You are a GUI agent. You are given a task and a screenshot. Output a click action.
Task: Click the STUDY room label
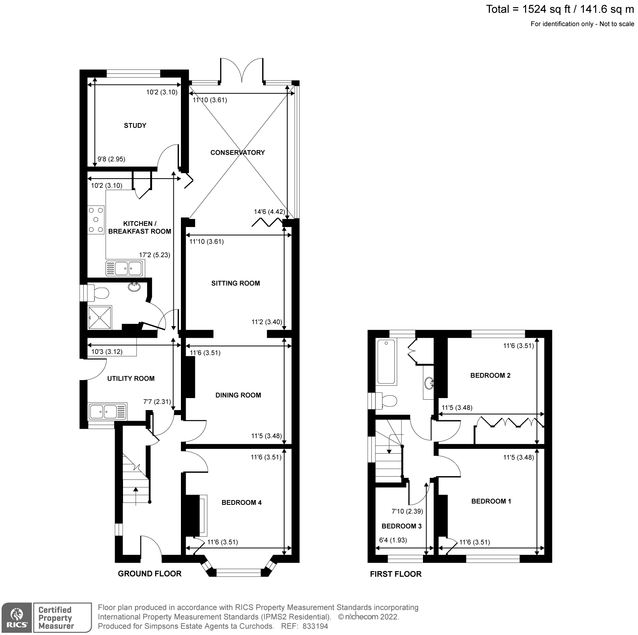[x=135, y=125]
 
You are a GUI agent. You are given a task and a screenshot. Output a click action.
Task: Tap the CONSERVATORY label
[x=237, y=152]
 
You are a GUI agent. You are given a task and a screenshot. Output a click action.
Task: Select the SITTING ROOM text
[x=235, y=283]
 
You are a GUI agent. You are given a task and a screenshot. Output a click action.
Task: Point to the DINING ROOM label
[x=238, y=395]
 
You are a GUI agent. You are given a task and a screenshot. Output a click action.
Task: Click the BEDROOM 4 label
[x=241, y=502]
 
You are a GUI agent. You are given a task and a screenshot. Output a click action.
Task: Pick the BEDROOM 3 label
[x=402, y=526]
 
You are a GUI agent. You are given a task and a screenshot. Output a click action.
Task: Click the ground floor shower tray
[x=100, y=317]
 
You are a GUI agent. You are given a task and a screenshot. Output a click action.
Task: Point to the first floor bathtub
[x=386, y=362]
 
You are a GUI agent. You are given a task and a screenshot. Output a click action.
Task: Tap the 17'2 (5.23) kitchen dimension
[x=154, y=255]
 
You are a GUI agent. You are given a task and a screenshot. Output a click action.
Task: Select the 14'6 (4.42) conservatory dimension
[x=269, y=212]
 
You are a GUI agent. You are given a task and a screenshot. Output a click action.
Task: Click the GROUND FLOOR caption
[x=150, y=573]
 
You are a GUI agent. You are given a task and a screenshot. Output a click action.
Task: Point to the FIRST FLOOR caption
[x=396, y=574]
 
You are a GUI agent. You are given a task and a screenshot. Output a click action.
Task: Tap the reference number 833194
[x=315, y=626]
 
